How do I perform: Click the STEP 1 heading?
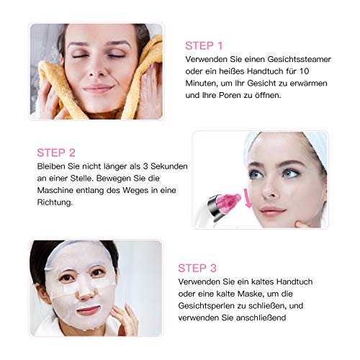pyautogui.click(x=204, y=46)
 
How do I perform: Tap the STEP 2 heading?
pyautogui.click(x=56, y=153)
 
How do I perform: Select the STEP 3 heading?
pyautogui.click(x=197, y=268)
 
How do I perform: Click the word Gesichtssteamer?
pyautogui.click(x=299, y=59)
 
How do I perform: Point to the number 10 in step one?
pyautogui.click(x=305, y=71)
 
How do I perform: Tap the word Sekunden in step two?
pyautogui.click(x=169, y=166)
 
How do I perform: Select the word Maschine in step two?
pyautogui.click(x=55, y=190)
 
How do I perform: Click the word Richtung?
pyautogui.click(x=55, y=202)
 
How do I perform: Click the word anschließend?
pyautogui.click(x=261, y=318)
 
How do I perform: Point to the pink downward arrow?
pyautogui.click(x=248, y=198)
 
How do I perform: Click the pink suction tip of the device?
pyautogui.click(x=229, y=202)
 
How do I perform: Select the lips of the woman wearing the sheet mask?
pyautogui.click(x=88, y=310)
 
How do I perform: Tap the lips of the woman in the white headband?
pyautogui.click(x=273, y=212)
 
